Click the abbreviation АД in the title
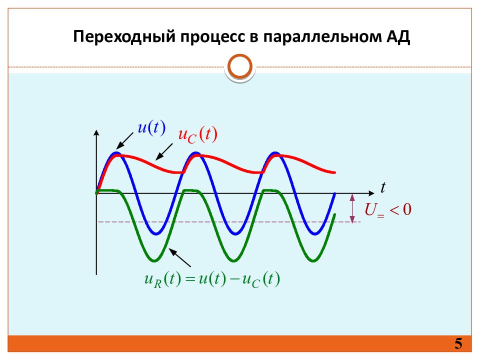tap(398, 37)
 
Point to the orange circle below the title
tap(239, 67)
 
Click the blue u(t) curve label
tap(151, 128)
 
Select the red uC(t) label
tap(198, 135)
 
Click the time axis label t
tap(383, 187)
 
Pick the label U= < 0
tap(388, 209)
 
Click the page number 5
tap(458, 344)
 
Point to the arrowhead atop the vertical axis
tap(96, 133)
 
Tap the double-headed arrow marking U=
tap(352, 207)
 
